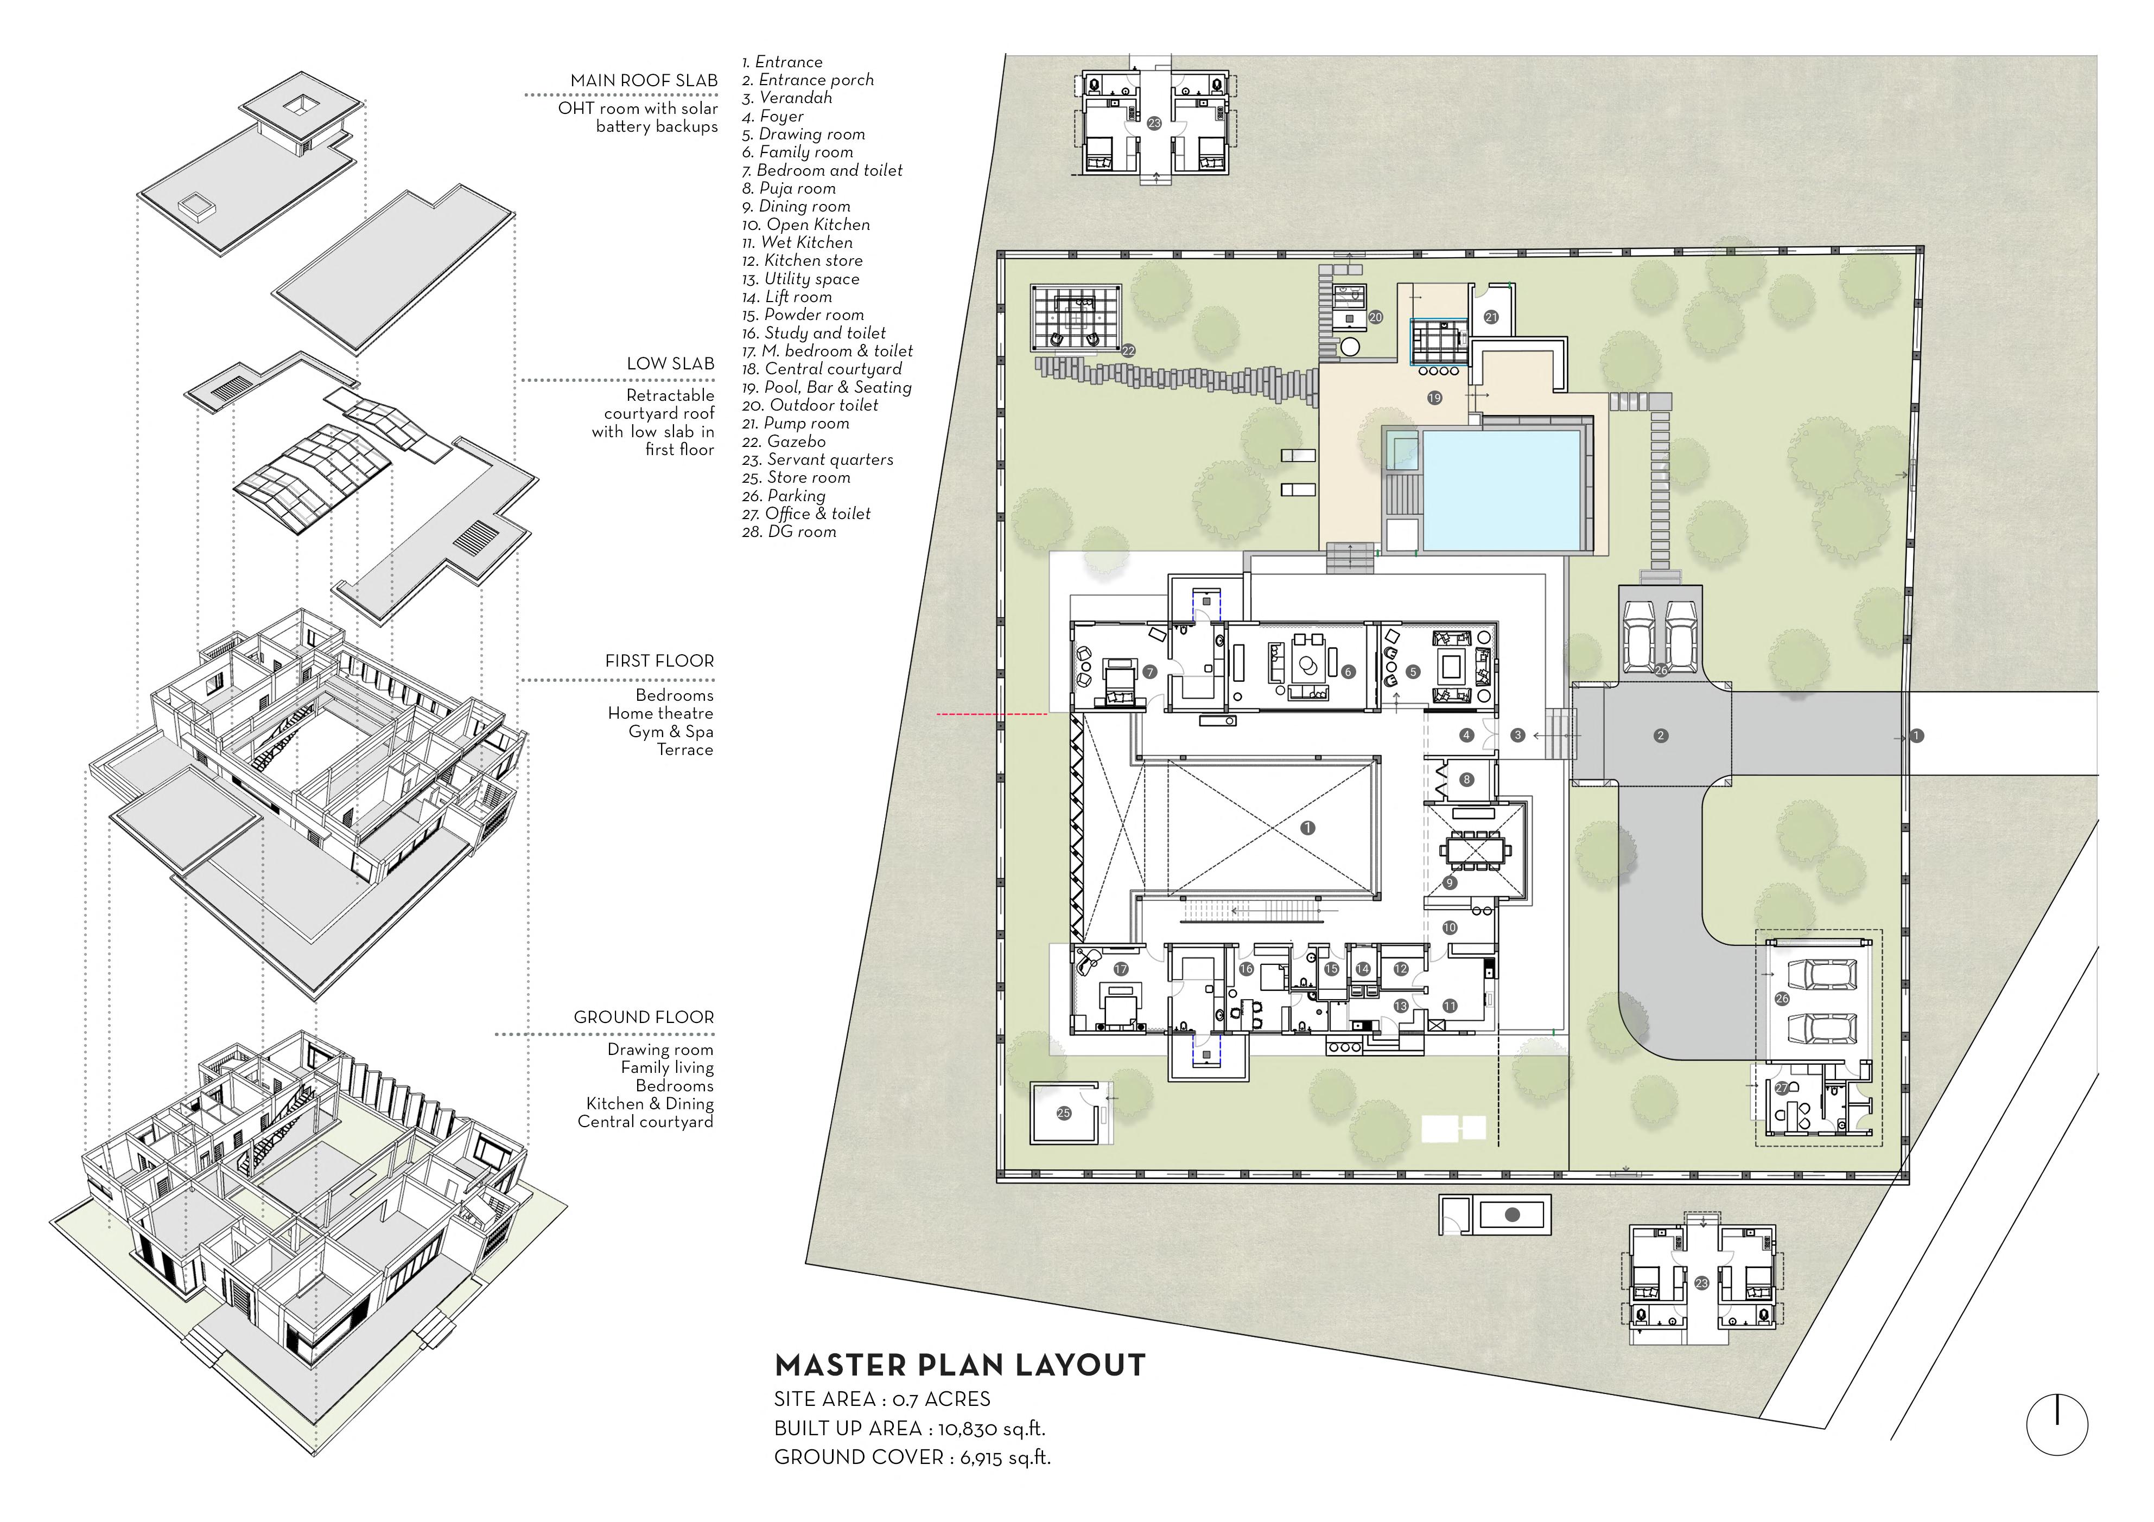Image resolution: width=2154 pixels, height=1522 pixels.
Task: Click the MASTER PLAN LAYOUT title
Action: pyautogui.click(x=960, y=1365)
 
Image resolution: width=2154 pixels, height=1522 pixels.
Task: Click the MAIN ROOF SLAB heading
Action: pyautogui.click(x=644, y=81)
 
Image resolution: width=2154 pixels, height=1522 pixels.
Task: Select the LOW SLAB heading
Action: pyautogui.click(x=670, y=364)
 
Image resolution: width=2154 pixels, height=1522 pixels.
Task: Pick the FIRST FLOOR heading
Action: pyautogui.click(x=659, y=661)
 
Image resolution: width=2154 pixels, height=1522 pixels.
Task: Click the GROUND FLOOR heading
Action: pyautogui.click(x=644, y=1018)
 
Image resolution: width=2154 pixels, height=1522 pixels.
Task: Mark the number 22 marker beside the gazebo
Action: pyautogui.click(x=1129, y=351)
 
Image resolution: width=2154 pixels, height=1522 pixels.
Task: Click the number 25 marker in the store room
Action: pyautogui.click(x=1064, y=1113)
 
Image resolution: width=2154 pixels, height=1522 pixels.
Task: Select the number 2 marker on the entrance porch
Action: pyautogui.click(x=1661, y=736)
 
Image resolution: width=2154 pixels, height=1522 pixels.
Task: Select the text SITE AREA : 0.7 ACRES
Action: pyautogui.click(x=882, y=1400)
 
